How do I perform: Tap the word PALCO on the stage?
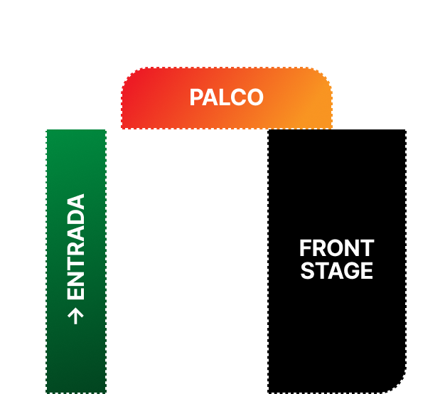tap(226, 97)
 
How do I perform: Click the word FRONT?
tap(336, 249)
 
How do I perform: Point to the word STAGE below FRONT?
tap(336, 271)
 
